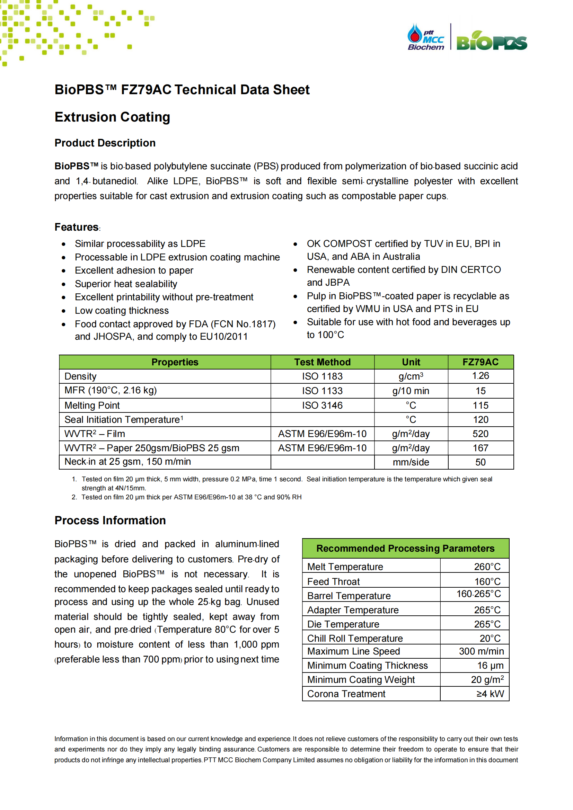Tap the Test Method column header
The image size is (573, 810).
tap(322, 362)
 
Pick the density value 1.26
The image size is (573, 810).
tap(480, 376)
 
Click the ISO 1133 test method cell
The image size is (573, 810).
tap(322, 391)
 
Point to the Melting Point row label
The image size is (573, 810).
tap(92, 406)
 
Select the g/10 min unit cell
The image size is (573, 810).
tap(411, 391)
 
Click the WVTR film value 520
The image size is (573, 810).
tap(480, 434)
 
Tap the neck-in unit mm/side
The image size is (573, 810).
tap(411, 462)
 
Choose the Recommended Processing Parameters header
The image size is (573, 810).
tap(405, 548)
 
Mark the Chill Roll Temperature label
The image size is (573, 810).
tap(355, 638)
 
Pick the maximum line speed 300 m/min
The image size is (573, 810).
tap(481, 651)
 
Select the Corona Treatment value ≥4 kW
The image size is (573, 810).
tap(490, 694)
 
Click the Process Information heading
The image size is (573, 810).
tap(110, 520)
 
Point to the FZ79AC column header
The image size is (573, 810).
tap(480, 362)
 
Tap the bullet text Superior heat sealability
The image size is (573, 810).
tap(126, 284)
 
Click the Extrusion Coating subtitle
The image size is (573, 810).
tap(112, 117)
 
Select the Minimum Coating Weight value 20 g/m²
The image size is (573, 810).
tap(487, 679)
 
